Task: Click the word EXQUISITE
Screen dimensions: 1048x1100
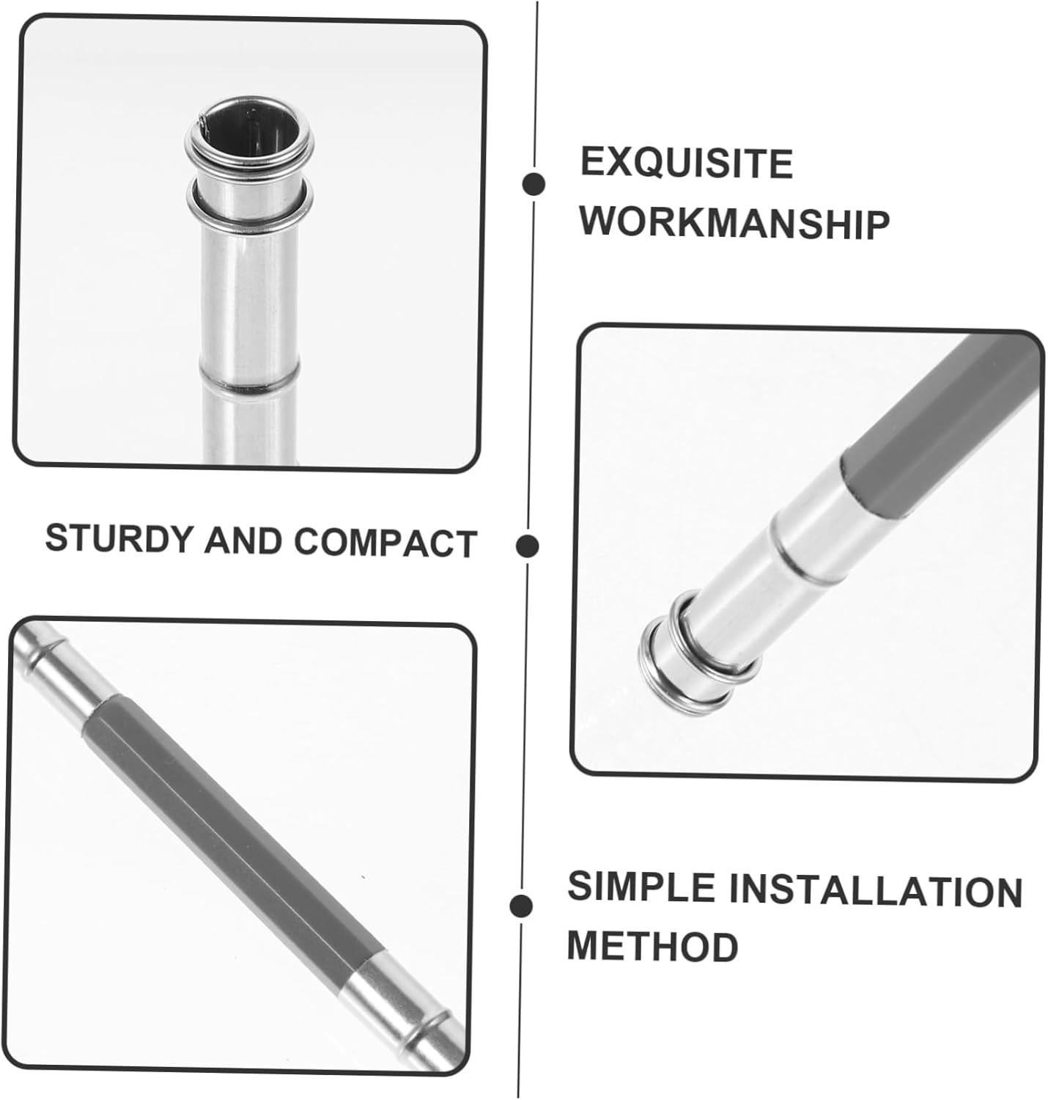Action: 687,163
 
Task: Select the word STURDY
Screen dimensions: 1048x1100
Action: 119,538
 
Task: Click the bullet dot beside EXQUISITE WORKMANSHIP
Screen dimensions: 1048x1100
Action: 534,184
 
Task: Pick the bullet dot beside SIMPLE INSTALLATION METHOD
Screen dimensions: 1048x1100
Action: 521,906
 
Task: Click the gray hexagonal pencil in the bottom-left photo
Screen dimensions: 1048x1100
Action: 235,827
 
